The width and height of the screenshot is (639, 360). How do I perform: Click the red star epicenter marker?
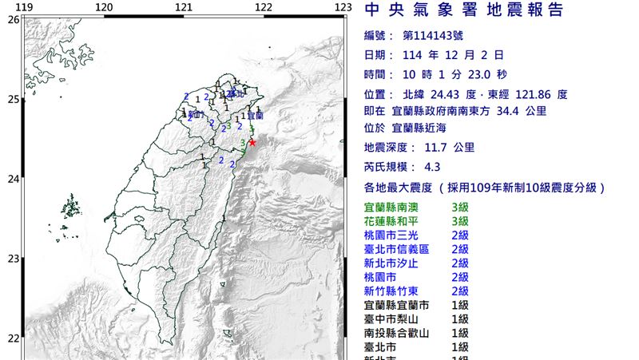[252, 142]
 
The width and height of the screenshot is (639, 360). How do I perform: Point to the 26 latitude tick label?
[13, 19]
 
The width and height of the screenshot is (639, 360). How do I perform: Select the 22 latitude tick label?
[13, 337]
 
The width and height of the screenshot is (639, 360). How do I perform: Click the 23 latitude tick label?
[13, 258]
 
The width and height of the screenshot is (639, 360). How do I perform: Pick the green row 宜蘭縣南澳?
[398, 208]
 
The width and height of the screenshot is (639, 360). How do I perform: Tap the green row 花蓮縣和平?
[398, 221]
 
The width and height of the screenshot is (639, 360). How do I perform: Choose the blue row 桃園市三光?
[398, 235]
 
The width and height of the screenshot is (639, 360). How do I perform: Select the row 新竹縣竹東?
[398, 291]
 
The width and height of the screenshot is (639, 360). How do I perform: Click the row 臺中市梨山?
[398, 318]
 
